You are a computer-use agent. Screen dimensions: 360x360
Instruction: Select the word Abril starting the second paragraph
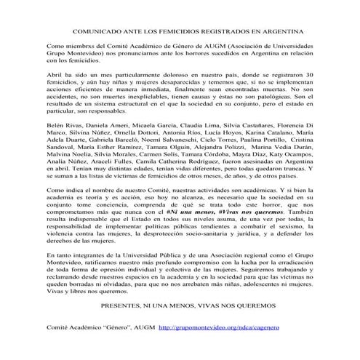tap(55, 97)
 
